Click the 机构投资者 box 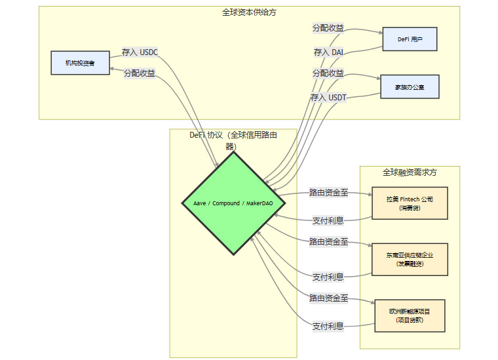click(x=80, y=63)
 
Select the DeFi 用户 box click(x=410, y=39)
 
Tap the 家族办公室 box click(x=410, y=87)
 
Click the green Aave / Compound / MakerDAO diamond click(x=233, y=203)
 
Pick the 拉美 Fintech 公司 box click(x=410, y=203)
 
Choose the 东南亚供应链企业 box click(x=410, y=259)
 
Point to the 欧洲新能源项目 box click(x=410, y=315)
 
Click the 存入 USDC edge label click(x=140, y=52)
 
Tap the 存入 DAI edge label click(x=328, y=52)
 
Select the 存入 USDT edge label click(x=328, y=97)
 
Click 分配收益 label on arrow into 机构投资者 click(x=140, y=73)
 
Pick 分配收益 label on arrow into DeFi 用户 click(x=328, y=28)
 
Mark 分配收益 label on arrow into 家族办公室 click(x=328, y=73)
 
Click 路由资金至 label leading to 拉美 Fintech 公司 click(x=329, y=193)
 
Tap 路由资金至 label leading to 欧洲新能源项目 click(x=329, y=298)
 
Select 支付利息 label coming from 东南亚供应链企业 click(x=328, y=277)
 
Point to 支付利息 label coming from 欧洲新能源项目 click(x=328, y=326)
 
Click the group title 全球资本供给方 click(x=249, y=12)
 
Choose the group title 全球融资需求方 click(x=410, y=172)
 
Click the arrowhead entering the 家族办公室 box click(x=378, y=78)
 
